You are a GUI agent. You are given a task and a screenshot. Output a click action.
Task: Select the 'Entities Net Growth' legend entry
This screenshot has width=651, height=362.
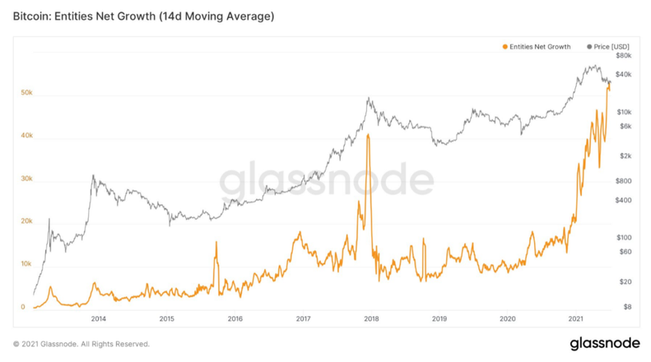click(539, 47)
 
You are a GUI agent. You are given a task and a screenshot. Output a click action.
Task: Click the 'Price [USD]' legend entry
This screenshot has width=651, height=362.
click(610, 47)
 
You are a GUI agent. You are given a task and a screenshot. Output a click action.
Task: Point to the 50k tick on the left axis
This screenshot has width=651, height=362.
click(27, 93)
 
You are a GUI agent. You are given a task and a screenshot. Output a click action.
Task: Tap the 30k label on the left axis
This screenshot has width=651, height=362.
click(27, 179)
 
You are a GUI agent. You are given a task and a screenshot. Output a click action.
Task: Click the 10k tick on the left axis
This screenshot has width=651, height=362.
click(27, 264)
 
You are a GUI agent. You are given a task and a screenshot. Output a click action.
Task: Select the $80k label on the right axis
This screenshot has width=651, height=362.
click(622, 56)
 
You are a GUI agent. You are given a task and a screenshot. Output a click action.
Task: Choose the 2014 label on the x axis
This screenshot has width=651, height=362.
click(98, 318)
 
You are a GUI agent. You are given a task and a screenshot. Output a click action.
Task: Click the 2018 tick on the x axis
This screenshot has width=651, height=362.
click(371, 318)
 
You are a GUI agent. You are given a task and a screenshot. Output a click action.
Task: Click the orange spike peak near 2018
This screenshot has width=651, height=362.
click(368, 135)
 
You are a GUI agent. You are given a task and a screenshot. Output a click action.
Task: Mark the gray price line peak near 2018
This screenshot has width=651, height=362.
click(369, 98)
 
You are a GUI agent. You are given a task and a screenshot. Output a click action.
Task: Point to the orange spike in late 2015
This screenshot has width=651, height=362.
click(216, 243)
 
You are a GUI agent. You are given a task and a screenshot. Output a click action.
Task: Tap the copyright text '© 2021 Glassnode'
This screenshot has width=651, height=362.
click(81, 344)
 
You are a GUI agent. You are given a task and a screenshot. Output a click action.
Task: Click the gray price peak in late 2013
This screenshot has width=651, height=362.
click(93, 175)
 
